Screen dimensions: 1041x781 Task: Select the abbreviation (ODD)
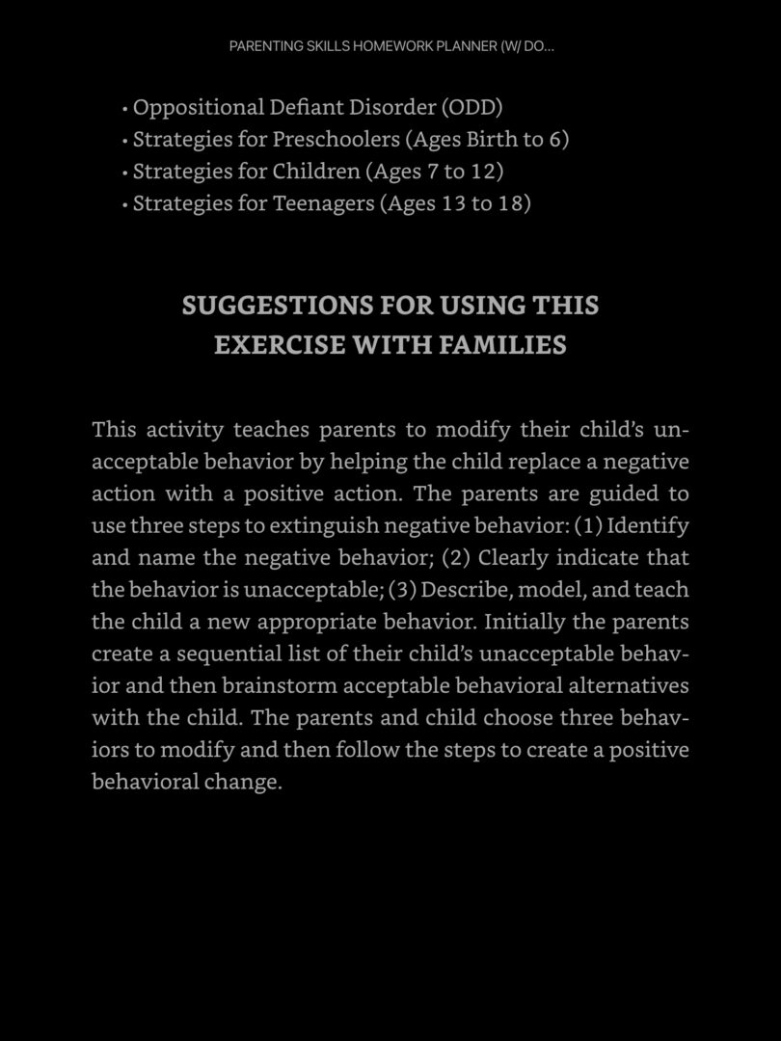point(471,107)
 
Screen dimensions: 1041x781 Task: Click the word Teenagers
point(324,203)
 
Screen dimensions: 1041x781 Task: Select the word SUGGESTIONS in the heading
point(278,306)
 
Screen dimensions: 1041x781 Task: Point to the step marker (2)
point(456,558)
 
